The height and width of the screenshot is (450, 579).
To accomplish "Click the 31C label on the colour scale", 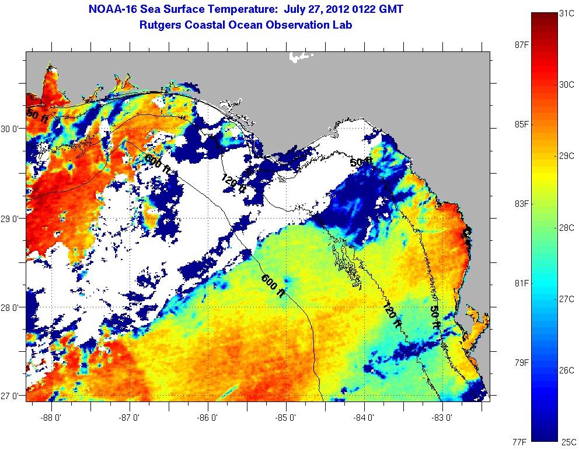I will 566,13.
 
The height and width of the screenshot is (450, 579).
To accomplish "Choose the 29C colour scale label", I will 566,157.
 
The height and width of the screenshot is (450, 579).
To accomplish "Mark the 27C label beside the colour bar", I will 566,299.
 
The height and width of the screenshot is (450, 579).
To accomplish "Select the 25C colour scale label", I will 566,442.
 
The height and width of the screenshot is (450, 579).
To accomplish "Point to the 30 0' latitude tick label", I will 12,129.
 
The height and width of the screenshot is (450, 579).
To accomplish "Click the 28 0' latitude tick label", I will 12,307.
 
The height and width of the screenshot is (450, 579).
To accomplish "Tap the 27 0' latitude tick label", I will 12,396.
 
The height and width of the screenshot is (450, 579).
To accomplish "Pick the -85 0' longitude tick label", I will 286,418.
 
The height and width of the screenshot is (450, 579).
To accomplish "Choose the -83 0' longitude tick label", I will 442,418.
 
